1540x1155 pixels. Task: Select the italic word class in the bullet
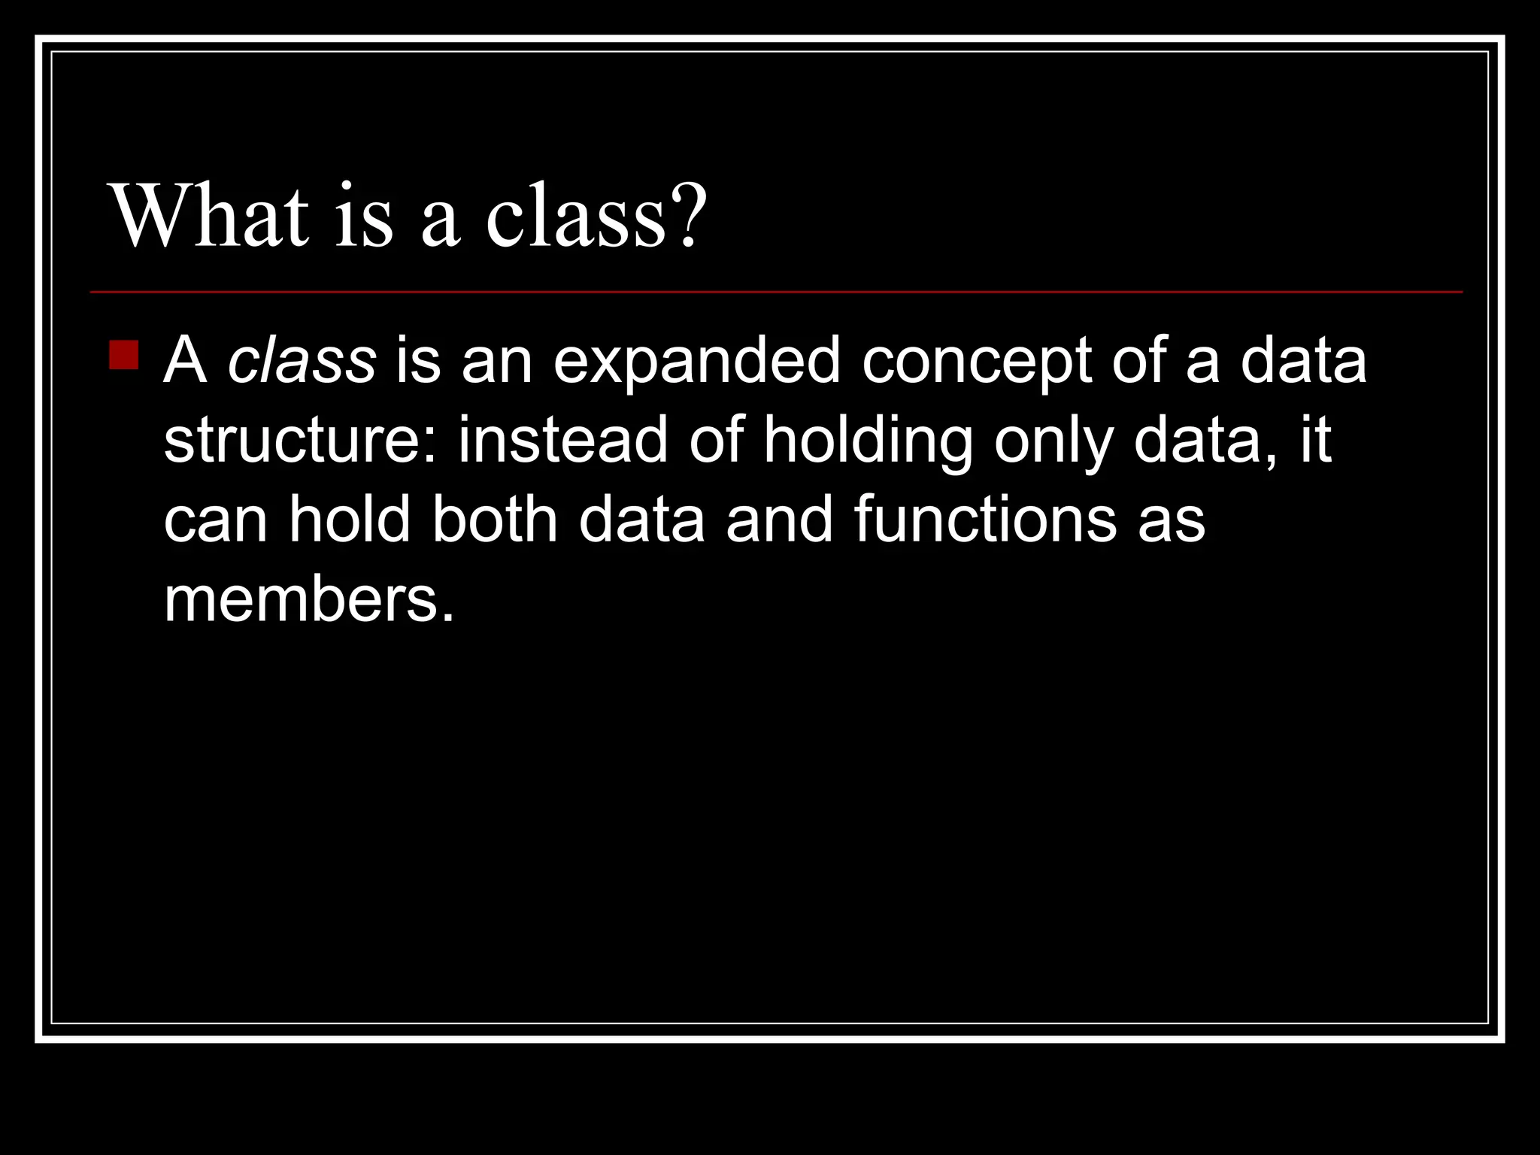click(x=302, y=360)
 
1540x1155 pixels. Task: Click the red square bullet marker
click(x=123, y=355)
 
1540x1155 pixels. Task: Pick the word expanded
click(x=696, y=360)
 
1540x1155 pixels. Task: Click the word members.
click(x=309, y=599)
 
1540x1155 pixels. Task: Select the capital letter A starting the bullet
click(x=185, y=360)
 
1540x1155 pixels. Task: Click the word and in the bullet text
click(x=779, y=519)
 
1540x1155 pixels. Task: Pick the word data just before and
click(x=641, y=519)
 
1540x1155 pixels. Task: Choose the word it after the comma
click(x=1316, y=440)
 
